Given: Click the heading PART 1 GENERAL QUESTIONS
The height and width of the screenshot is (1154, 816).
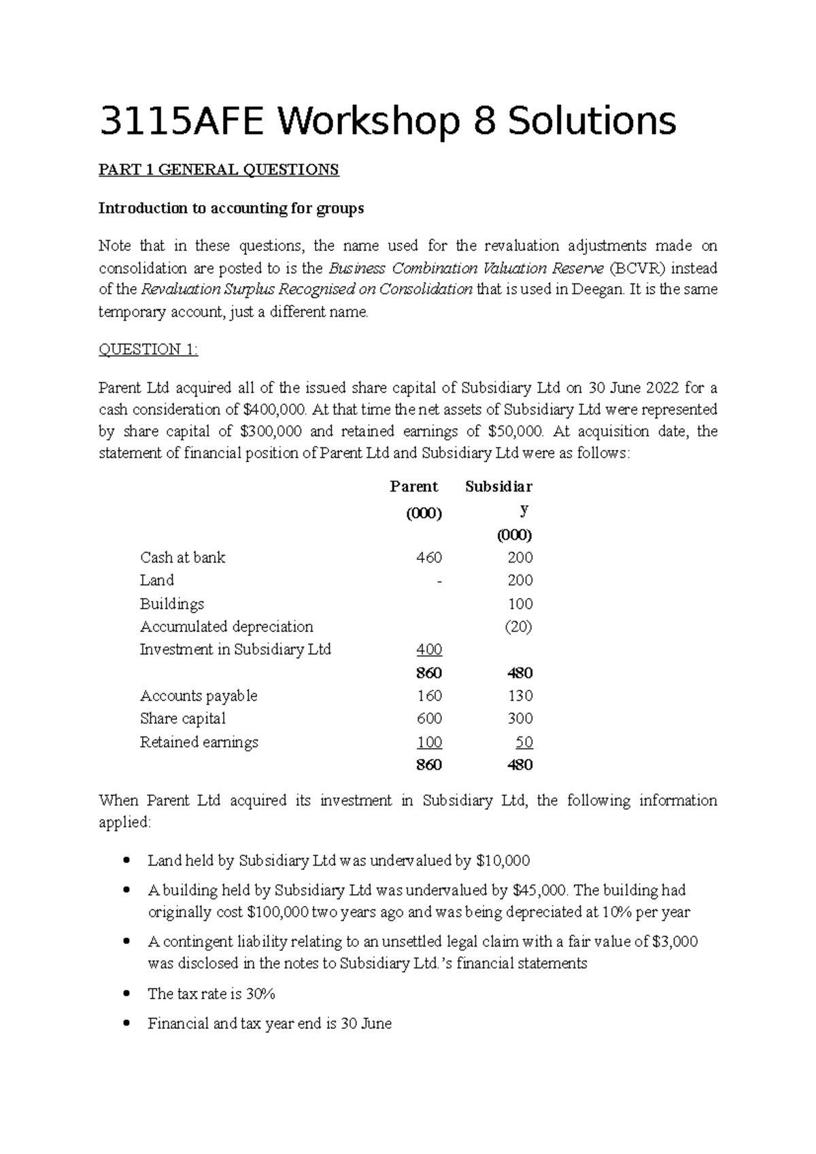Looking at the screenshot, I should coord(218,170).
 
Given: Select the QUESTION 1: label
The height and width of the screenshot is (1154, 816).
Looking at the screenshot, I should coord(148,349).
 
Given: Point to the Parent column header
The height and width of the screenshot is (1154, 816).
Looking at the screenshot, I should coord(413,487).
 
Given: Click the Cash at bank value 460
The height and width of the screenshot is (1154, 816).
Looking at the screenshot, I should coord(429,558).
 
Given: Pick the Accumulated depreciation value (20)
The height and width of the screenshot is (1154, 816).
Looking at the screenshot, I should coord(518,627).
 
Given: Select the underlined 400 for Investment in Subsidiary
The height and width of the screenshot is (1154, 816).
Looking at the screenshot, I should coord(429,650).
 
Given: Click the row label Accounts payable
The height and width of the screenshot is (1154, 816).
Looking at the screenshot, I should coord(199,696).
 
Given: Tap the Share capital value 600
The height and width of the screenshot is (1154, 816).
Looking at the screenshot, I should coord(429,719).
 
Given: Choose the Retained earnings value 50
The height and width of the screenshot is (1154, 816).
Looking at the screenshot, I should coord(524,742).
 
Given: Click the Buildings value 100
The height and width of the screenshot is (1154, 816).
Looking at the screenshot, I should coord(520,604).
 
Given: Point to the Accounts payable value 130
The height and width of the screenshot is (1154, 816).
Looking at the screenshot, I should coord(520,696).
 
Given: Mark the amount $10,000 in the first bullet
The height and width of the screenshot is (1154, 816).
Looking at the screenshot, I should coord(503,861).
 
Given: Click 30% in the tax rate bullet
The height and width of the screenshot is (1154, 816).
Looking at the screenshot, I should coord(260,994).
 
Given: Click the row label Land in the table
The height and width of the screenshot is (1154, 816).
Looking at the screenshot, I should coord(157,580).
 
